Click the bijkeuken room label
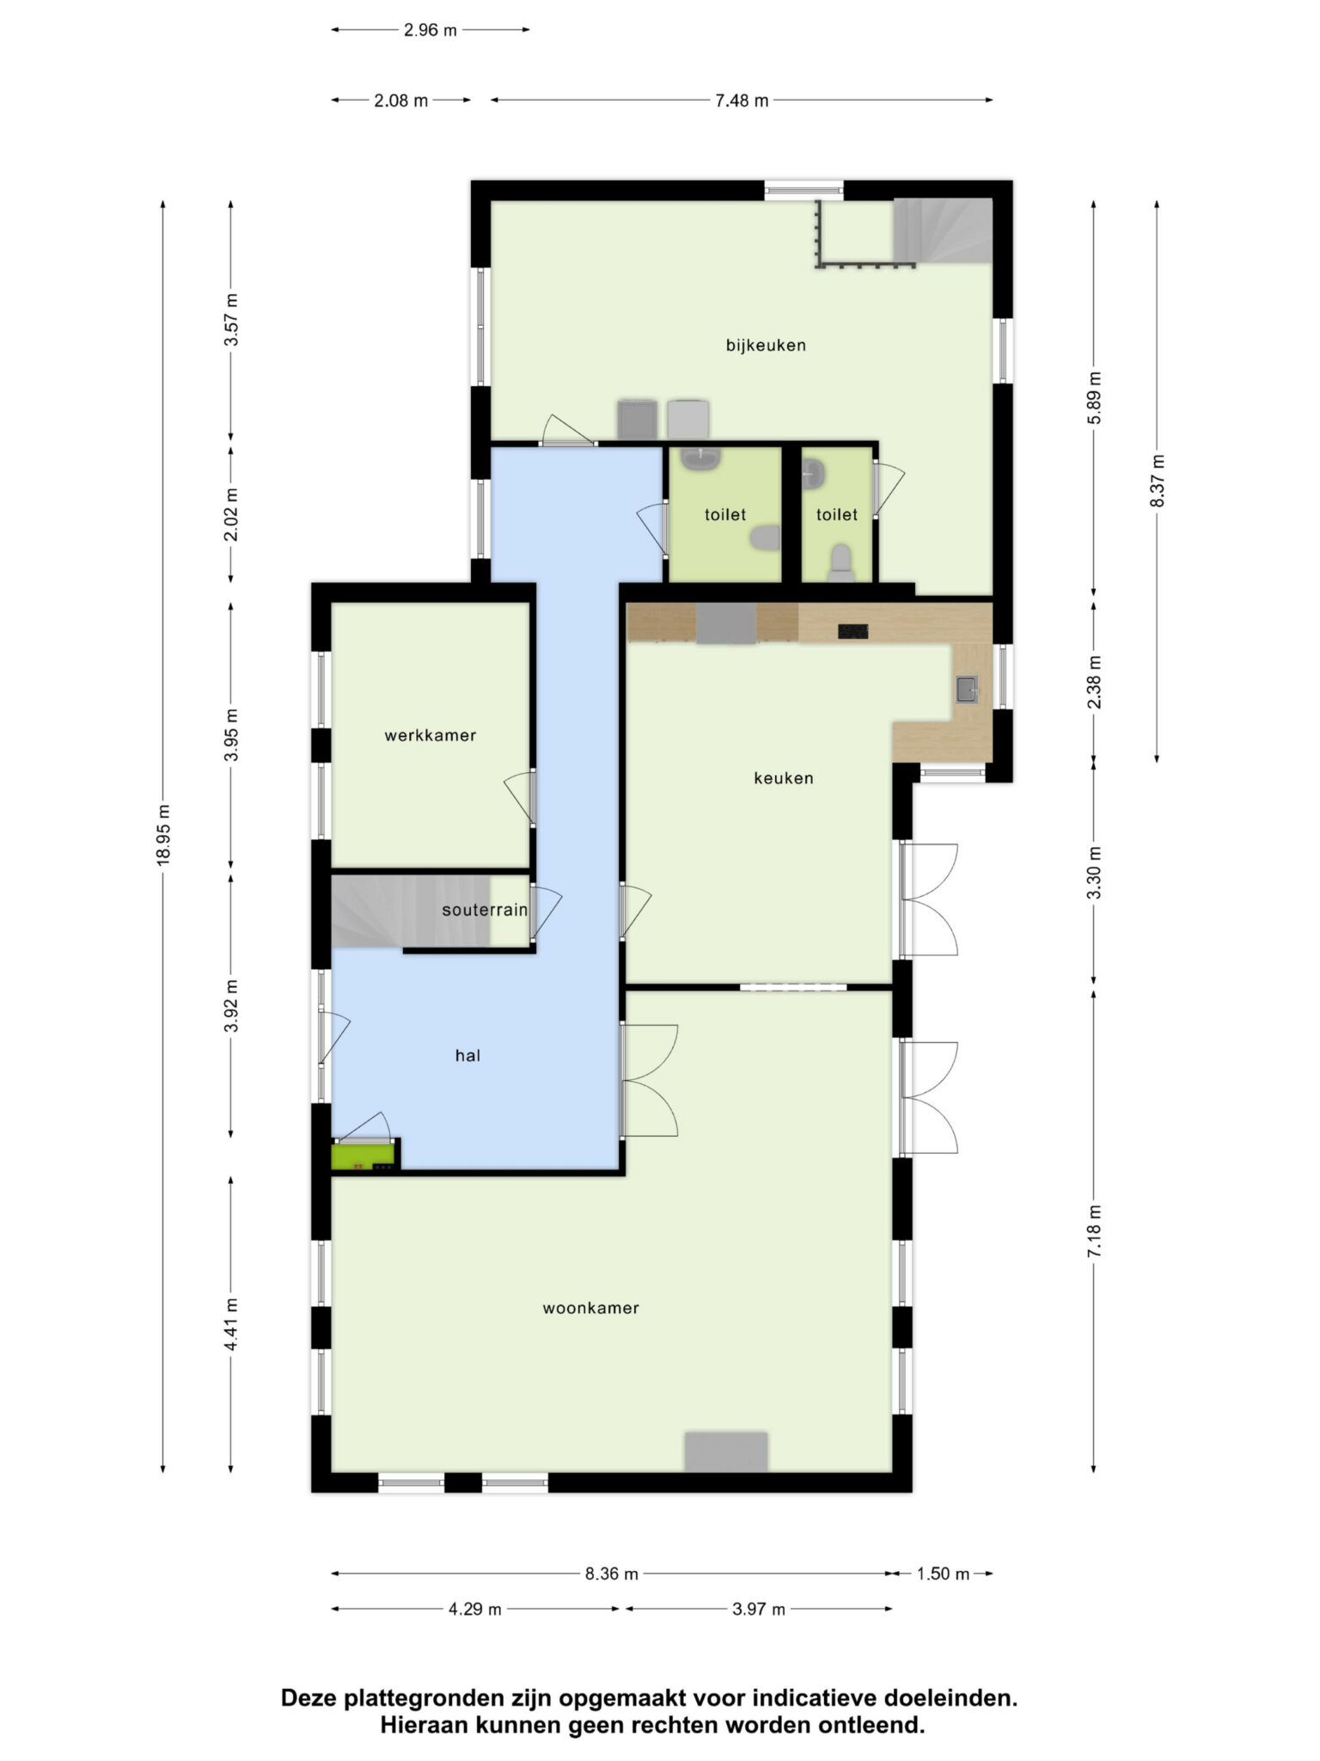coord(766,346)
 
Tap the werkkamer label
coord(430,735)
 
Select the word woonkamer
coord(590,1308)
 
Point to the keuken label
coord(783,778)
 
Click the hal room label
coord(467,1055)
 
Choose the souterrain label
coord(485,910)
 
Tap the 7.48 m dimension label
coord(742,101)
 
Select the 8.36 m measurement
coord(611,1574)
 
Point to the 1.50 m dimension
coord(943,1574)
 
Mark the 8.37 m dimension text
coord(1158,480)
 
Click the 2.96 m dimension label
coord(431,30)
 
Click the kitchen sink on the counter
coord(967,689)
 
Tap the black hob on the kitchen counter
coord(854,632)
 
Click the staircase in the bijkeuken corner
coord(943,230)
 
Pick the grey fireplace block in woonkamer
coord(725,1451)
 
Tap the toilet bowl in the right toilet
coord(841,562)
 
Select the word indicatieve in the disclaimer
coord(804,1698)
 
